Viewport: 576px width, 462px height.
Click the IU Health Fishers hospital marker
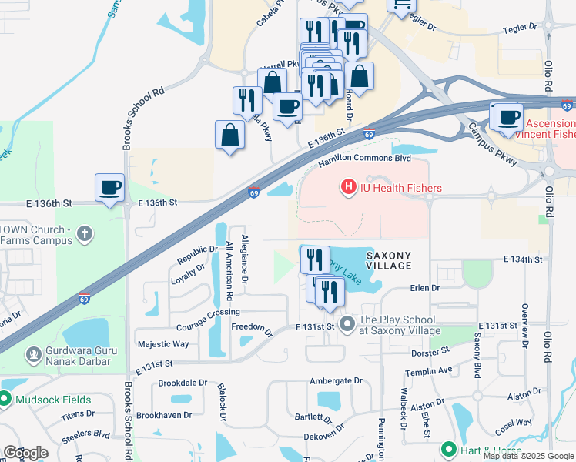tap(348, 187)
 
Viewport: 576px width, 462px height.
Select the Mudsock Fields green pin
tap(4, 400)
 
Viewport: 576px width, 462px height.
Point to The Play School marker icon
tap(347, 324)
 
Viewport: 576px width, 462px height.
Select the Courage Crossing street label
tap(209, 312)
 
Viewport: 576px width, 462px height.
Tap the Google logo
tap(25, 453)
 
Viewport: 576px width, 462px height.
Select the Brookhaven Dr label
tap(164, 414)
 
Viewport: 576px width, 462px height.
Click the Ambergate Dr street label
tap(336, 380)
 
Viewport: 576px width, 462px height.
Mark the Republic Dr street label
tap(198, 249)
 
